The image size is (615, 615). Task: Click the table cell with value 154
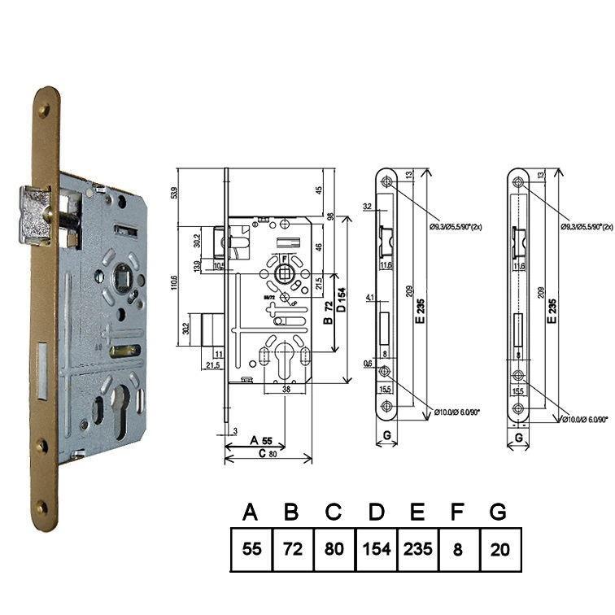pyautogui.click(x=377, y=549)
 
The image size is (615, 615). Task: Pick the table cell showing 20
pyautogui.click(x=500, y=549)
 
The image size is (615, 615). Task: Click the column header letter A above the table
pyautogui.click(x=251, y=512)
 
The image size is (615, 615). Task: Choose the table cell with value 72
pyautogui.click(x=293, y=549)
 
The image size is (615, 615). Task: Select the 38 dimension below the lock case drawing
pyautogui.click(x=286, y=390)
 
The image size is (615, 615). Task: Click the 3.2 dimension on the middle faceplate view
pyautogui.click(x=367, y=207)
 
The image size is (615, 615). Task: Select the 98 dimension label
pyautogui.click(x=330, y=217)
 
